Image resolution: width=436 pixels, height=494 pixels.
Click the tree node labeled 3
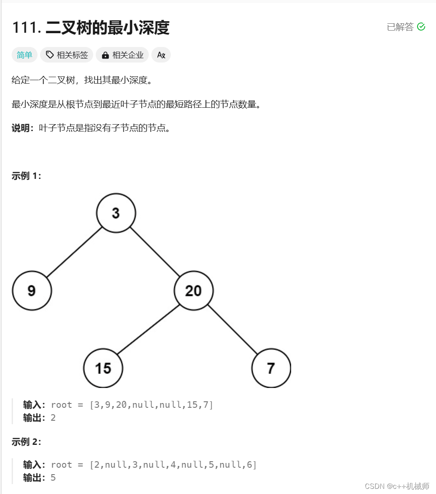click(116, 213)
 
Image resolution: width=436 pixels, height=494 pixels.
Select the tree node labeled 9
click(32, 291)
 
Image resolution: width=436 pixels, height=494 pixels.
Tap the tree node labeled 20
click(194, 291)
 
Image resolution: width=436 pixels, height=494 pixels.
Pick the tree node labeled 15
click(103, 368)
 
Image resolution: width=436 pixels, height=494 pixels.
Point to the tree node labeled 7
click(271, 368)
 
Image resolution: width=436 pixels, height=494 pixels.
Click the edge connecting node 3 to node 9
click(74, 252)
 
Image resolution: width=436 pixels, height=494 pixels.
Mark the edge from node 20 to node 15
click(148, 329)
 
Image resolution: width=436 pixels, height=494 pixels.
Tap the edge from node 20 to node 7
click(232, 329)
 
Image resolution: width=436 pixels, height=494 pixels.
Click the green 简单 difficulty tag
click(25, 55)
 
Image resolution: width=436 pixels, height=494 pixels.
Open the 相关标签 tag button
click(67, 55)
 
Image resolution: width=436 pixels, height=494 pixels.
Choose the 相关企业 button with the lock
click(122, 55)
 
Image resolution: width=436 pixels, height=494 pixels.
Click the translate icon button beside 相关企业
click(161, 55)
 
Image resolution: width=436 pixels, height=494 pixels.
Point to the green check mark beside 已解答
click(421, 27)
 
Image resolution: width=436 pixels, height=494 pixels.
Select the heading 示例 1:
click(26, 176)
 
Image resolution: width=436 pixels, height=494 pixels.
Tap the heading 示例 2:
click(26, 442)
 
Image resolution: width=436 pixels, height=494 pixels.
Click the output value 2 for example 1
click(53, 418)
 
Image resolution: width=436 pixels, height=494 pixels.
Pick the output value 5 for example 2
click(53, 478)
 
